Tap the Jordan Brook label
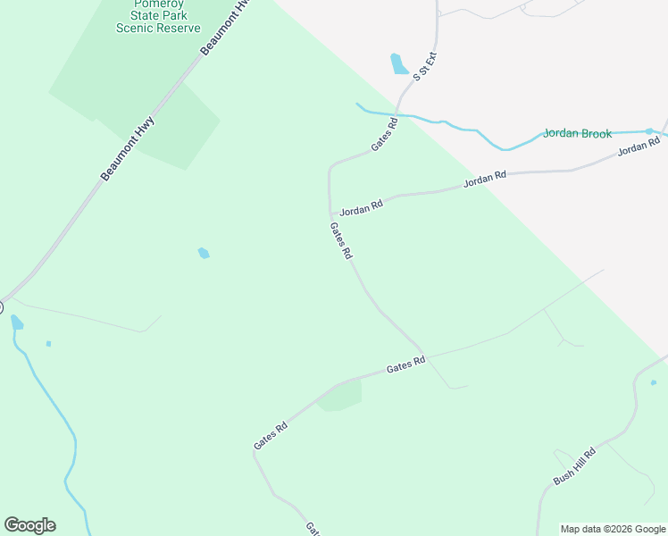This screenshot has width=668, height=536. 578,134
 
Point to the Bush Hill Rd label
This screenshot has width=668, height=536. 574,465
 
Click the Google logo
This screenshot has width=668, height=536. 29,525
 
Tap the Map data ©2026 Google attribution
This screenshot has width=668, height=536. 612,529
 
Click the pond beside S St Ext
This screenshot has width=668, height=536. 398,63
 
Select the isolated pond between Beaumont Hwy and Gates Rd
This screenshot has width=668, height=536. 204,253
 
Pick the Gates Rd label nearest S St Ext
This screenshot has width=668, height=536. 384,134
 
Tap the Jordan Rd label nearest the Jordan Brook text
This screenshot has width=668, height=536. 639,146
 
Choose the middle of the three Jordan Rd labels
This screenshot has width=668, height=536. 484,179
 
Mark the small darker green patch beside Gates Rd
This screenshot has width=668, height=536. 340,396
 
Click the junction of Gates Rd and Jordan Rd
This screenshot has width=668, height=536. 331,214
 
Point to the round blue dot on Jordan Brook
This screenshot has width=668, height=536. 649,131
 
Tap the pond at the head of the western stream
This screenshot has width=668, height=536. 16,322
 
